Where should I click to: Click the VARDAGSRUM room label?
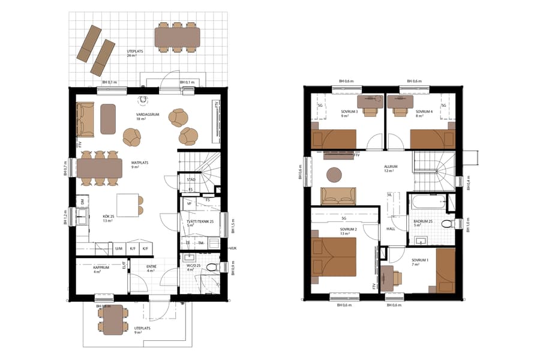tap(147, 114)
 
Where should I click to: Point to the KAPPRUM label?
tap(101, 268)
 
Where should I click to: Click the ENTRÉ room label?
tap(152, 268)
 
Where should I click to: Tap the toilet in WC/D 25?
tap(211, 267)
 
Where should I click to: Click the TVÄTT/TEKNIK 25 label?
tap(200, 221)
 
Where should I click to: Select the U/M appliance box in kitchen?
tap(119, 248)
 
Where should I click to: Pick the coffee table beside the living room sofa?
tap(108, 119)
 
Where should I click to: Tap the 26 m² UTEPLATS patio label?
tap(136, 52)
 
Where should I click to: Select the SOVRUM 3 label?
tap(349, 112)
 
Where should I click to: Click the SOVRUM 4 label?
tap(424, 112)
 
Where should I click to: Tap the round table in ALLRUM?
tap(334, 175)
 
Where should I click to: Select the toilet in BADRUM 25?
tap(445, 224)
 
